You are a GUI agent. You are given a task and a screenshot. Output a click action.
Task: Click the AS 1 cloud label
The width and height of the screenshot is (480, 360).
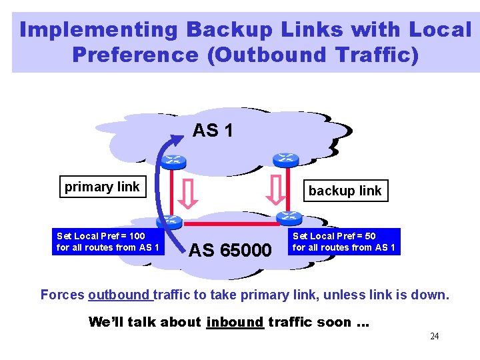[213, 131]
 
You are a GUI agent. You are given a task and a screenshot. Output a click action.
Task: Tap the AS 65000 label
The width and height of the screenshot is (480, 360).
[231, 251]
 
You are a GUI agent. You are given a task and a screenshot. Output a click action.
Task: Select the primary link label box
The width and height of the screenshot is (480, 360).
[102, 187]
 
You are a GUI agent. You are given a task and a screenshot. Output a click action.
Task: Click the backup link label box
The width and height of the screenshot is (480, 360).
[345, 191]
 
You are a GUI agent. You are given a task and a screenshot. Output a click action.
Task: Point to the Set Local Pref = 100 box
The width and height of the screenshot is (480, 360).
[108, 241]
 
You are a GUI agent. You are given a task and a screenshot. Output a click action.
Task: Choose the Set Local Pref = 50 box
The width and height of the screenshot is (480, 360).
[344, 241]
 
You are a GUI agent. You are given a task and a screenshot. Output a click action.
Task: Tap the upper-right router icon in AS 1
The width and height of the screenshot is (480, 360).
[285, 159]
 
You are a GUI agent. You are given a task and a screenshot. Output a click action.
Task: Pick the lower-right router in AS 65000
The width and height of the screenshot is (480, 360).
[289, 217]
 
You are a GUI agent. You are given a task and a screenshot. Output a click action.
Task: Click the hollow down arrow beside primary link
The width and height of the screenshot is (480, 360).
[189, 193]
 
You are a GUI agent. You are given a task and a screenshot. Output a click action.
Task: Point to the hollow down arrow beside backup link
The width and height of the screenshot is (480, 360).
[275, 191]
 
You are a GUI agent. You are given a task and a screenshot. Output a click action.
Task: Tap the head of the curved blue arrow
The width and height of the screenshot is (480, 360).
[178, 138]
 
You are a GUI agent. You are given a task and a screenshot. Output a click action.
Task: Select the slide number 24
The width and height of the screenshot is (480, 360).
[434, 336]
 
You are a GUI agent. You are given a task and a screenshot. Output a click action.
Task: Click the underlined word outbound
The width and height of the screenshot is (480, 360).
[119, 295]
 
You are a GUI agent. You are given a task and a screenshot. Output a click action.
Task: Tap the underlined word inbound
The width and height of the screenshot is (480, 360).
[235, 323]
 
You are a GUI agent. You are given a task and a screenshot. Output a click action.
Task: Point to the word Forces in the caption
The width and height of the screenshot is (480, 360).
[62, 295]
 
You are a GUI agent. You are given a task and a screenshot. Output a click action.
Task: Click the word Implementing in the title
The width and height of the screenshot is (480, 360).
[99, 30]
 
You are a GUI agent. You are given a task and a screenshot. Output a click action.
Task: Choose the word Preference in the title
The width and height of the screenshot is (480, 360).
[135, 55]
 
